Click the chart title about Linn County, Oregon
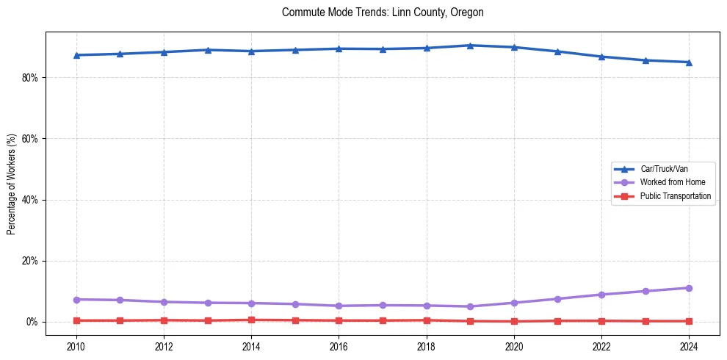coord(383,12)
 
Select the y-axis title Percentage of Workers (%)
coord(11,184)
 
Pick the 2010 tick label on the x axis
coord(76,346)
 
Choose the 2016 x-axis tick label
coord(339,346)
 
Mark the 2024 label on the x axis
coord(689,346)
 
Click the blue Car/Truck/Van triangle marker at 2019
coord(470,46)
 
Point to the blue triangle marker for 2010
coord(76,55)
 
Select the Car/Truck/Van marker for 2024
coord(689,62)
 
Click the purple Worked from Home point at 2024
coord(689,288)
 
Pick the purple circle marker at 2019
coord(470,306)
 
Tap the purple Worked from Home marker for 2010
coord(76,299)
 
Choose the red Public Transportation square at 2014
coord(251,320)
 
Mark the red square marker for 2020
coord(514,321)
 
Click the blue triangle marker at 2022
coord(601,57)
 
